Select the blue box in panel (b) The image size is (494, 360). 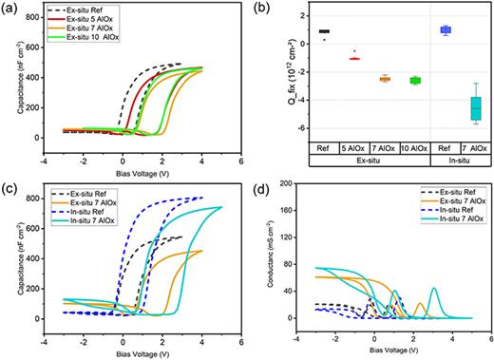coord(418,30)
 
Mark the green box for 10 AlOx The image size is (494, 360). coord(386,81)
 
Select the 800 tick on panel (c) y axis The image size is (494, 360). coord(34,198)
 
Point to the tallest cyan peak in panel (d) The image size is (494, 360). coord(433,288)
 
